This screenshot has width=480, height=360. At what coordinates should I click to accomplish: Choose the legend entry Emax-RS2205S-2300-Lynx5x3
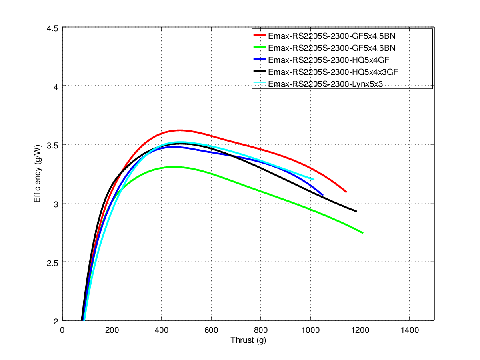(x=323, y=84)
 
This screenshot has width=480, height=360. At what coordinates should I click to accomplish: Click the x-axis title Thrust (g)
(x=248, y=340)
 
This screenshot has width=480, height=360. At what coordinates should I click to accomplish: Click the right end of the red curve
(x=346, y=192)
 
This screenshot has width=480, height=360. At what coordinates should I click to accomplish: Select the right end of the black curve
(x=356, y=211)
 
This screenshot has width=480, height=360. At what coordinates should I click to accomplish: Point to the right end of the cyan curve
(x=314, y=180)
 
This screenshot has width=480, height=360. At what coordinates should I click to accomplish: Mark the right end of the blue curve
(x=322, y=195)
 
